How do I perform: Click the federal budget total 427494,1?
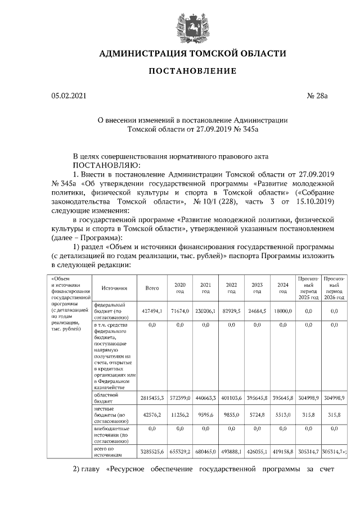click(152, 311)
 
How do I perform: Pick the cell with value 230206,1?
click(205, 311)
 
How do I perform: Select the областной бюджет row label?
click(106, 398)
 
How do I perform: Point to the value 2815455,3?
click(151, 398)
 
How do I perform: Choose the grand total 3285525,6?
click(151, 452)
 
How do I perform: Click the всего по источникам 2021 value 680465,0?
click(205, 452)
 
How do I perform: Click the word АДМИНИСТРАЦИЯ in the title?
click(140, 54)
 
